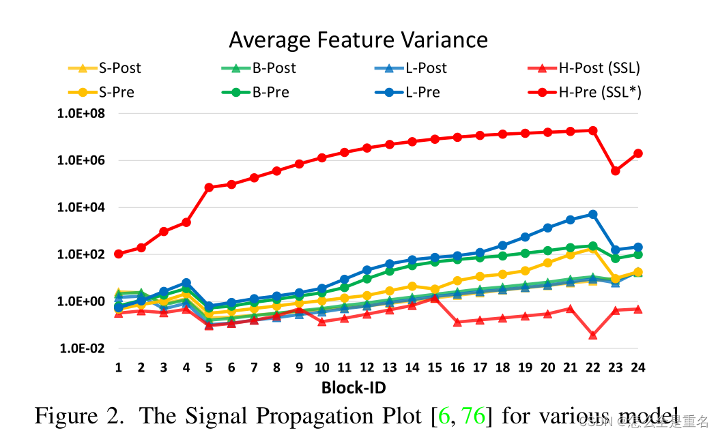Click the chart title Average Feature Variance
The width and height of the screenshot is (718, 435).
coord(358,40)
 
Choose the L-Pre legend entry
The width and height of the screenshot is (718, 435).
coord(422,92)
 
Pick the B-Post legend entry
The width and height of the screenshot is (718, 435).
coord(274,68)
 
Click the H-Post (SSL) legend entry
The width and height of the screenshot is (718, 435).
coord(599,68)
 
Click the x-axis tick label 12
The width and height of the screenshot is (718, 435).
coord(367,367)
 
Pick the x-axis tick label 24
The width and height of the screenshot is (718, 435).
coord(637,367)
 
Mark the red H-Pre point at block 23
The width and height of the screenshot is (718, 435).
coord(616,171)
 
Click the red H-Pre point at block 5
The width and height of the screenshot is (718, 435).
coord(209,187)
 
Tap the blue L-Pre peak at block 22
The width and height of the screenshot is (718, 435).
coord(593,214)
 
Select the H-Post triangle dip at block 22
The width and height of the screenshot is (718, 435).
coord(593,335)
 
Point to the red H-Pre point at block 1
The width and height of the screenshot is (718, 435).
coord(119,254)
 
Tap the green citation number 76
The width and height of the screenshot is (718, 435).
coord(473,415)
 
